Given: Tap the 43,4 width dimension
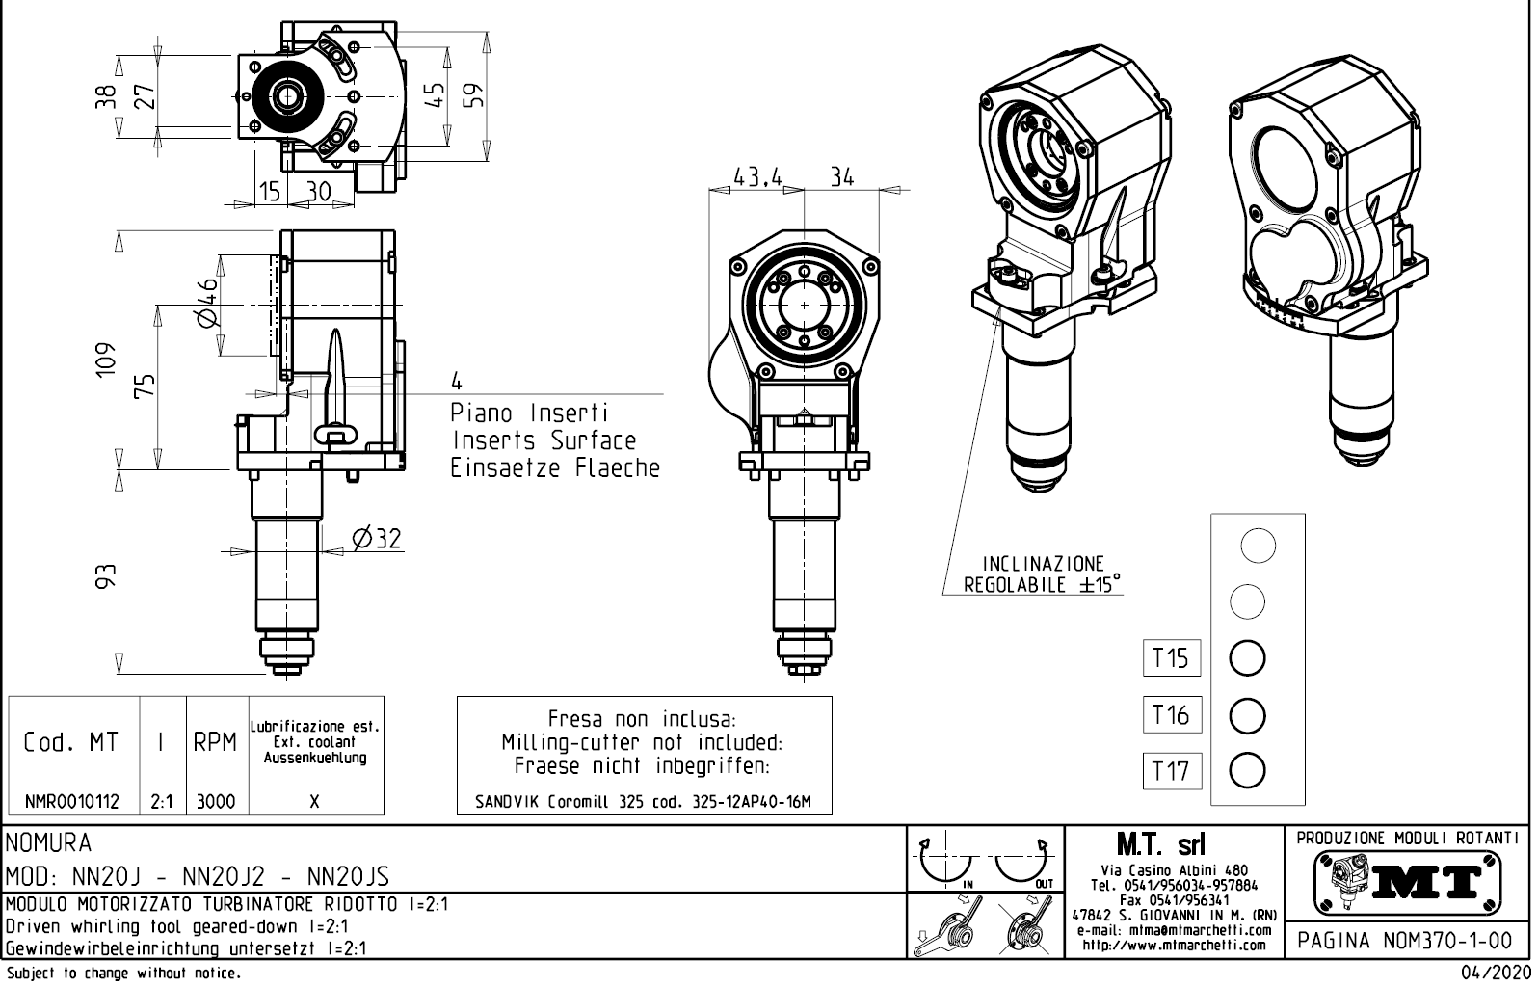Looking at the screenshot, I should (757, 177).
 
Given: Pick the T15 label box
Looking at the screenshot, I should (1171, 658).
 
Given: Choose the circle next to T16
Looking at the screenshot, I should (1248, 715).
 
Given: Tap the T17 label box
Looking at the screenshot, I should (1171, 771).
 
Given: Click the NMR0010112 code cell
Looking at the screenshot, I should (73, 801).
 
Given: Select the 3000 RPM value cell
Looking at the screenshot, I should (216, 801).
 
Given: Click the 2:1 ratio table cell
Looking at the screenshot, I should (163, 801).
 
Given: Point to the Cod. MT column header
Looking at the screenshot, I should (73, 742).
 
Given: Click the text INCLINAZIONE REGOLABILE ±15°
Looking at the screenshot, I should (1043, 574).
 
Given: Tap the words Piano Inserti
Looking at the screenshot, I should (530, 413).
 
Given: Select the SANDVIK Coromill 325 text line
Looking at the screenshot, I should (643, 801).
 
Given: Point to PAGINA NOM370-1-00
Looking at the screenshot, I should (1408, 940).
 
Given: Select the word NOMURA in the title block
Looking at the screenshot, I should (49, 843).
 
